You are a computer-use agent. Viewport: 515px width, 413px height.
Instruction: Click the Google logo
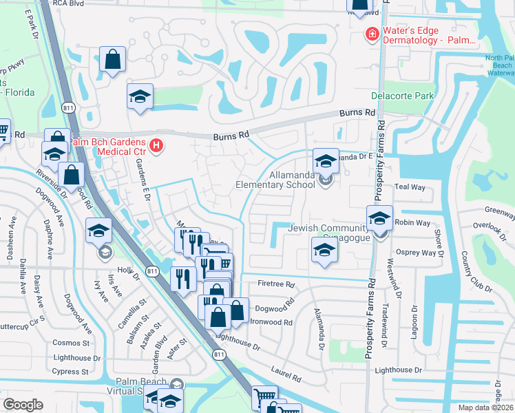click(23, 405)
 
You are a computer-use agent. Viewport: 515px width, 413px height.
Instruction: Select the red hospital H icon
click(156, 145)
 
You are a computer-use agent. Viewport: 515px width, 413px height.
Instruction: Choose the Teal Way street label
click(411, 187)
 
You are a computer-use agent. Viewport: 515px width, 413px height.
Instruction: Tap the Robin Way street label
click(414, 223)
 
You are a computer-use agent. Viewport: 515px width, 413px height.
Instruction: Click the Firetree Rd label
click(276, 284)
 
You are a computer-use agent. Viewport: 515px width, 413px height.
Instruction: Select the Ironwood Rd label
click(272, 321)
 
